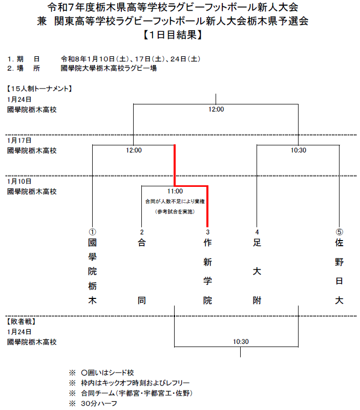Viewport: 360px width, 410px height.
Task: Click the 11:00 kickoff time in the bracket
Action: tap(175, 191)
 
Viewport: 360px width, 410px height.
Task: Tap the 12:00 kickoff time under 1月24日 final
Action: tap(216, 109)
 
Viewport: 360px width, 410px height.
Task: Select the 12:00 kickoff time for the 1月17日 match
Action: tap(134, 150)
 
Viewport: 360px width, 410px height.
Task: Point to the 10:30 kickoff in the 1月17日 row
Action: tap(298, 150)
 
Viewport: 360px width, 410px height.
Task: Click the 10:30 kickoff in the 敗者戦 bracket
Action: tap(241, 342)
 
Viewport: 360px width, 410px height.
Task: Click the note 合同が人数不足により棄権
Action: tap(175, 202)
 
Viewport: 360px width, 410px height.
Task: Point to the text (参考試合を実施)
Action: tap(175, 211)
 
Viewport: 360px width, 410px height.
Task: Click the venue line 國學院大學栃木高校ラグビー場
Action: tap(109, 68)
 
